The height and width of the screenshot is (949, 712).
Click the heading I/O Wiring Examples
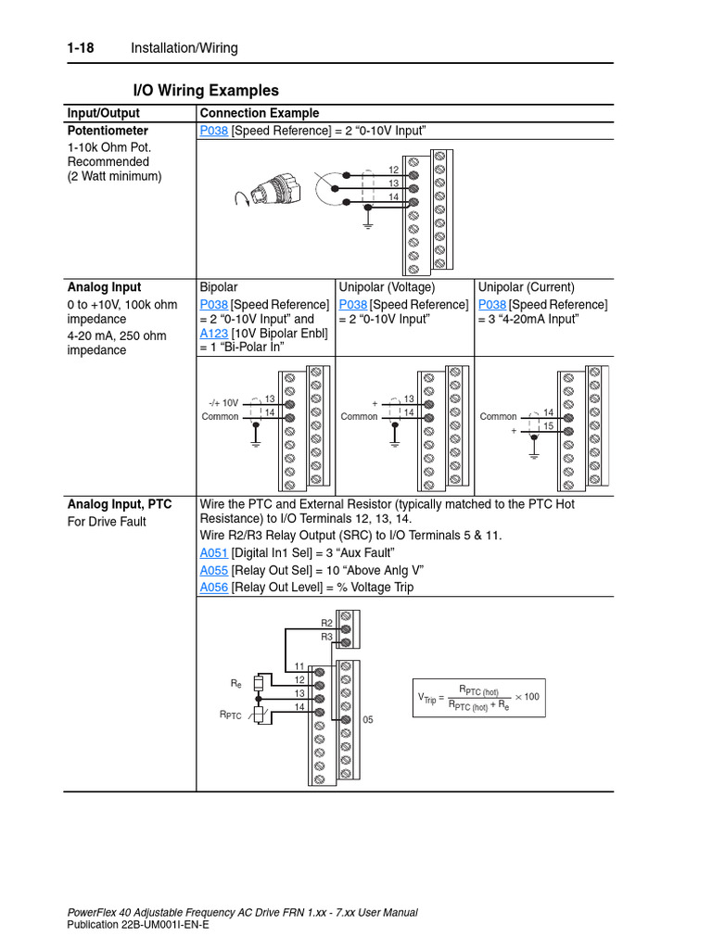(205, 91)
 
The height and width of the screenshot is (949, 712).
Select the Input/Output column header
(103, 113)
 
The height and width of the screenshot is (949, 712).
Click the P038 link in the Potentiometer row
(213, 131)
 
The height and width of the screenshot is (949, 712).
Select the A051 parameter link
(213, 554)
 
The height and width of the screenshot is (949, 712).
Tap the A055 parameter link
(213, 571)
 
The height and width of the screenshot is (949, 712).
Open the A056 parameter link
(213, 588)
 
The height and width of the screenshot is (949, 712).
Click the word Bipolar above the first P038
(219, 287)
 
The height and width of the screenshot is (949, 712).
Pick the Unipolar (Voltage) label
(387, 287)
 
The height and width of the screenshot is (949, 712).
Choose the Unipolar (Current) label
(526, 287)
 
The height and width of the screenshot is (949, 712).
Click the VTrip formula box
(478, 697)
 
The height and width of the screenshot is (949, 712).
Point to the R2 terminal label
(326, 624)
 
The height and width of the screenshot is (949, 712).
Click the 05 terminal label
(367, 719)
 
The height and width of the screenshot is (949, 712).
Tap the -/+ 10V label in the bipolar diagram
(223, 403)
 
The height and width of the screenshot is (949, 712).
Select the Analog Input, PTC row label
(120, 505)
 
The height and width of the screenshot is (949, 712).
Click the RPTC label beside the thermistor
(230, 715)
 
